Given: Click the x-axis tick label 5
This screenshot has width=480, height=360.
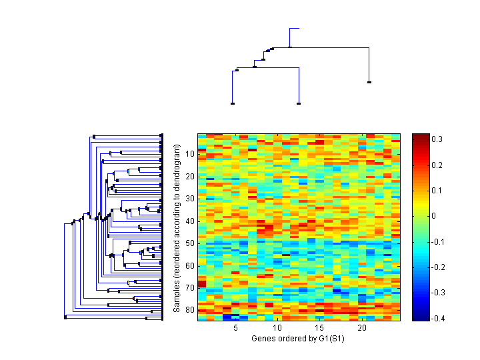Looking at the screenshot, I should (x=236, y=328).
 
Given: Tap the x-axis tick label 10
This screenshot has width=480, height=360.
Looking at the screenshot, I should (x=278, y=328).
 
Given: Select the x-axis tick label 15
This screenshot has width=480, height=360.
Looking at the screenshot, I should (x=320, y=328).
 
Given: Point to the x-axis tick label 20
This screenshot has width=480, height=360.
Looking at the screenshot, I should (x=362, y=328).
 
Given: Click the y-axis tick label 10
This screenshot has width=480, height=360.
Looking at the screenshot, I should (x=189, y=153).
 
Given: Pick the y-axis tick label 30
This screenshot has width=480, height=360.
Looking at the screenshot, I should (x=189, y=198).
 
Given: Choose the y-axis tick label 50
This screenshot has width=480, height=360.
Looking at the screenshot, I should (x=189, y=243).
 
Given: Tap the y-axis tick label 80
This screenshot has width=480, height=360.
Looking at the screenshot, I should (x=189, y=310).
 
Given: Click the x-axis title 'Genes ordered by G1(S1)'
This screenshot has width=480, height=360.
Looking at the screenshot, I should (x=299, y=339).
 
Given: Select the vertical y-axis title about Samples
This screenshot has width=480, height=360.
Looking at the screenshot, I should (x=177, y=227).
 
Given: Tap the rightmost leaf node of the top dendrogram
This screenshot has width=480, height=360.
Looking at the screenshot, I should (x=369, y=82).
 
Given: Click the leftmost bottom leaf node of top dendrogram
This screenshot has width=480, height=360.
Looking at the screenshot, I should (x=232, y=103).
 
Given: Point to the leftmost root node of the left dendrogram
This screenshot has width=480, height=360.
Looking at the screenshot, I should (x=65, y=317).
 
